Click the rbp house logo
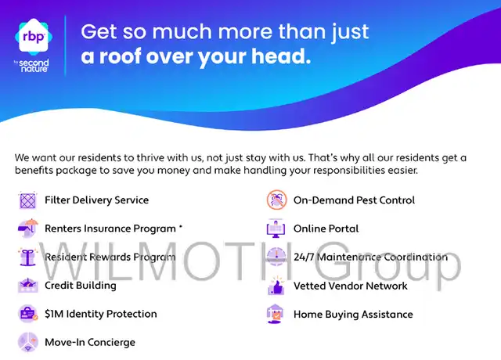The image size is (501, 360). [34, 37]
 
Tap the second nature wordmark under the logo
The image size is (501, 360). [32, 66]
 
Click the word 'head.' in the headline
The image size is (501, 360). [281, 56]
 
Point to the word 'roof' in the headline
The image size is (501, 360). [120, 56]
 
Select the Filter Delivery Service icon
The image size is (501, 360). [28, 200]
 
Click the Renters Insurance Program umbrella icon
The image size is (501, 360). [28, 228]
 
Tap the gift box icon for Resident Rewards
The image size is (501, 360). [28, 257]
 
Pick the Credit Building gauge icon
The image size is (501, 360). [28, 285]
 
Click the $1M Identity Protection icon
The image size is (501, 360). [28, 314]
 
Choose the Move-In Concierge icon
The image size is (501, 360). [28, 342]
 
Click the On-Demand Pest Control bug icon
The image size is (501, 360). [276, 200]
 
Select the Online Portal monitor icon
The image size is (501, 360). [276, 229]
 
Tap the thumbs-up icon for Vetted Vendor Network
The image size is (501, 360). [276, 286]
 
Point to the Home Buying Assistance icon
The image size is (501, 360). [275, 314]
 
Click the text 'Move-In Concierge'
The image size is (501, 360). [90, 343]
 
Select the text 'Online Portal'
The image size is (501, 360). [326, 229]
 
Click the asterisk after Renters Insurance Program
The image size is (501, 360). [181, 226]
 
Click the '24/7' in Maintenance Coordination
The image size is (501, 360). [304, 257]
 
